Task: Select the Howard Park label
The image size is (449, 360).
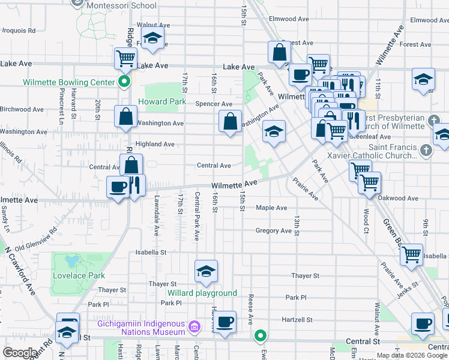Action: (x=162, y=102)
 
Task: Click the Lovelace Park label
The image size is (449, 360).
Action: (x=79, y=275)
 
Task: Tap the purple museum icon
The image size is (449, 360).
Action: (x=194, y=327)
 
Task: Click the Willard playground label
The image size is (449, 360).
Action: (x=202, y=293)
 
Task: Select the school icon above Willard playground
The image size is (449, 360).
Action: (x=206, y=271)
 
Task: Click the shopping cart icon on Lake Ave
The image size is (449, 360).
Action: (x=125, y=59)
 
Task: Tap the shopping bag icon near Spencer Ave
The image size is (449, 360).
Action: (x=231, y=122)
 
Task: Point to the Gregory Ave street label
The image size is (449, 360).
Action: (x=273, y=230)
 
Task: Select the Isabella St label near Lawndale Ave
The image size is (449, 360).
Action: (x=151, y=253)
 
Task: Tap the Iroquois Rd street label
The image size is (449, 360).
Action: (x=19, y=30)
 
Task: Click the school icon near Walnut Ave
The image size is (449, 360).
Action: (x=152, y=40)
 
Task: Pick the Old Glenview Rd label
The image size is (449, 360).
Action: (x=36, y=238)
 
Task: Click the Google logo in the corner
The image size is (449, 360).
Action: (x=20, y=353)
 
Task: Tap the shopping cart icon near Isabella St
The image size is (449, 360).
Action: (x=411, y=255)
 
